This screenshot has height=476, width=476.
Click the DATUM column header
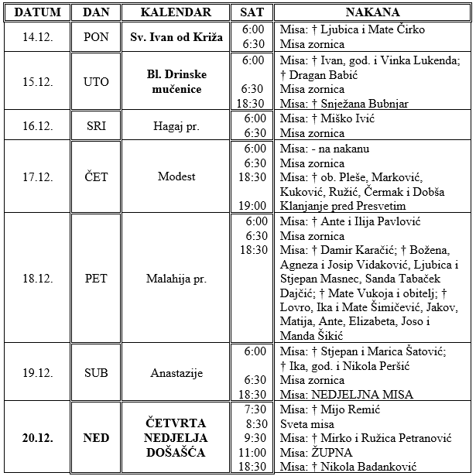point(37,12)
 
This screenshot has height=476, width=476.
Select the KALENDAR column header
point(176,12)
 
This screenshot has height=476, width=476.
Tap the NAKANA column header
point(372,12)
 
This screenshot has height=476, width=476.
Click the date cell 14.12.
point(37,36)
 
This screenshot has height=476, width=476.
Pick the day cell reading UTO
point(96,81)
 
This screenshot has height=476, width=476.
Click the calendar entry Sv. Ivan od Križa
point(176,36)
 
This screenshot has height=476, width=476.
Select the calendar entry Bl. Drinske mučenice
point(176,81)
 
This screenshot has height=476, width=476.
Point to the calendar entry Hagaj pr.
point(176,125)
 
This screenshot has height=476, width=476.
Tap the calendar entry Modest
point(176,177)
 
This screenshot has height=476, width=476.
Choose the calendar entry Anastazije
point(176,373)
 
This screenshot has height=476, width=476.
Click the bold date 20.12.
point(37,438)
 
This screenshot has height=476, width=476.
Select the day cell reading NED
point(96,438)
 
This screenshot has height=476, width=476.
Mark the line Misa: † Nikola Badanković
point(350,467)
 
